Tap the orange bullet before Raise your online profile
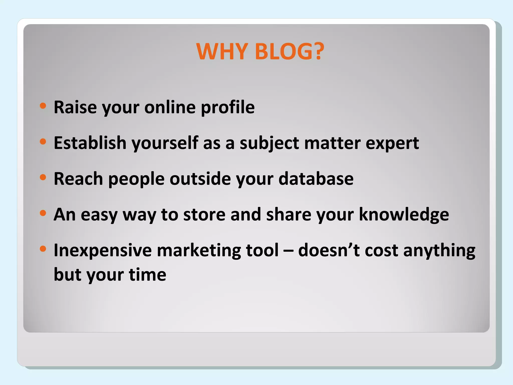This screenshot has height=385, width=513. [x=43, y=106]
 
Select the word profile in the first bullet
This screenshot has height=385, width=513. [x=228, y=107]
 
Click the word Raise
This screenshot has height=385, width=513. [x=75, y=107]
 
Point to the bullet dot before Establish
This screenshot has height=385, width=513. [x=43, y=142]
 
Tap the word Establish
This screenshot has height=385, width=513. [x=90, y=143]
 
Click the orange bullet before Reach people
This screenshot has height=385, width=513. [x=43, y=177]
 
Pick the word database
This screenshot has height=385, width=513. [x=316, y=179]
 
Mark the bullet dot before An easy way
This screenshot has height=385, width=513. [x=43, y=213]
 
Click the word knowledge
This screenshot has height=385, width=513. [x=404, y=215]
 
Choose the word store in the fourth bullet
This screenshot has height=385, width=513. [x=204, y=215]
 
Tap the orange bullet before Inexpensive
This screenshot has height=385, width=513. [x=43, y=249]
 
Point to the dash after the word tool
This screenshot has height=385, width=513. [x=288, y=251]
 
